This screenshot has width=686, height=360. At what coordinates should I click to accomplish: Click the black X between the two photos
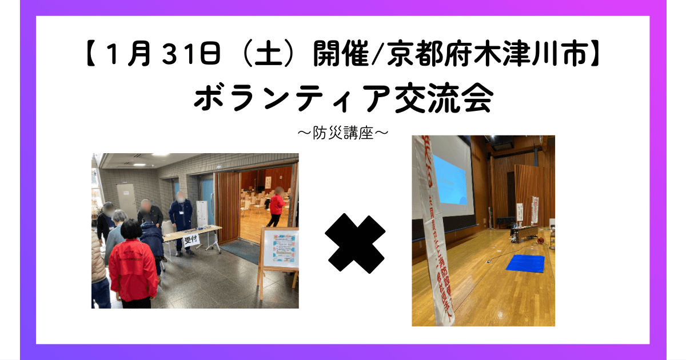(x=355, y=243)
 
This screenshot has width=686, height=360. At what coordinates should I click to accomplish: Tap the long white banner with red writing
(x=434, y=229)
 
